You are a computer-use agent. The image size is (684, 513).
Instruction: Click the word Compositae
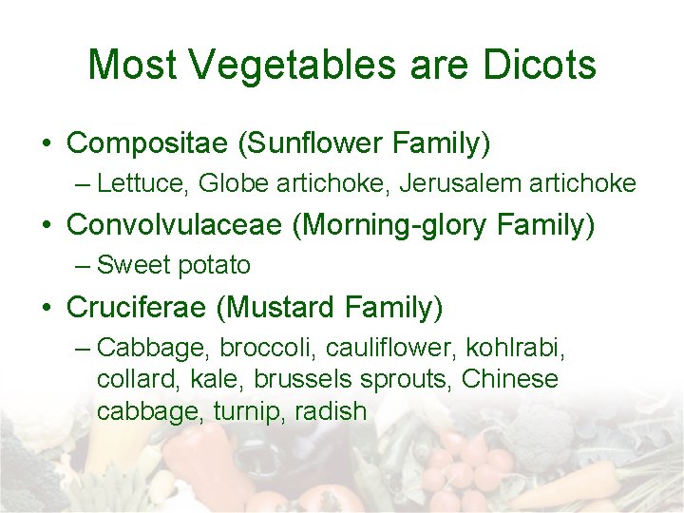[147, 143]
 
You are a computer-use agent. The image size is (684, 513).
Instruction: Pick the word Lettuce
[141, 183]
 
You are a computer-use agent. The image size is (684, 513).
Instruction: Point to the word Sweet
[132, 265]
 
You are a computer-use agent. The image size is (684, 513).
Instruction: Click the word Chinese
[510, 379]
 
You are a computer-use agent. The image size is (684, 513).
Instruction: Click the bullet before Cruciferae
[47, 308]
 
